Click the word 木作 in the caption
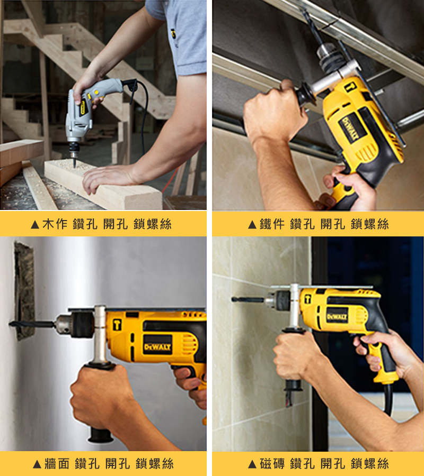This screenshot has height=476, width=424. click(x=55, y=224)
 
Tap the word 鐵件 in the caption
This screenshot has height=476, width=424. click(x=272, y=224)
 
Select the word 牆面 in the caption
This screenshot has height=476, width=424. click(x=57, y=463)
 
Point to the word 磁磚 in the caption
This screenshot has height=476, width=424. click(x=272, y=463)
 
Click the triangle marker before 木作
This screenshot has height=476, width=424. click(x=35, y=225)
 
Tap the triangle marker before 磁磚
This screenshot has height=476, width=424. click(x=252, y=464)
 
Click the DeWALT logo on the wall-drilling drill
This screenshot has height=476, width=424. click(x=157, y=346)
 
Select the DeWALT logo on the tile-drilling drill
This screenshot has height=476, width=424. click(x=337, y=317)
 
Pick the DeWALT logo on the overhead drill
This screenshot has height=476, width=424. click(x=350, y=129)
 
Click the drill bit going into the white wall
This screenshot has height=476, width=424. click(x=32, y=324)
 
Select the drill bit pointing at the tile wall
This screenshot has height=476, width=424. click(x=248, y=300)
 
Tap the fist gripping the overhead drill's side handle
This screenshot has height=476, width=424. click(x=273, y=112)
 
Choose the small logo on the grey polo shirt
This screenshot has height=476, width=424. click(x=173, y=33)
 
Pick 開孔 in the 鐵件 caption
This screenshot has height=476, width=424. click(x=333, y=224)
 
